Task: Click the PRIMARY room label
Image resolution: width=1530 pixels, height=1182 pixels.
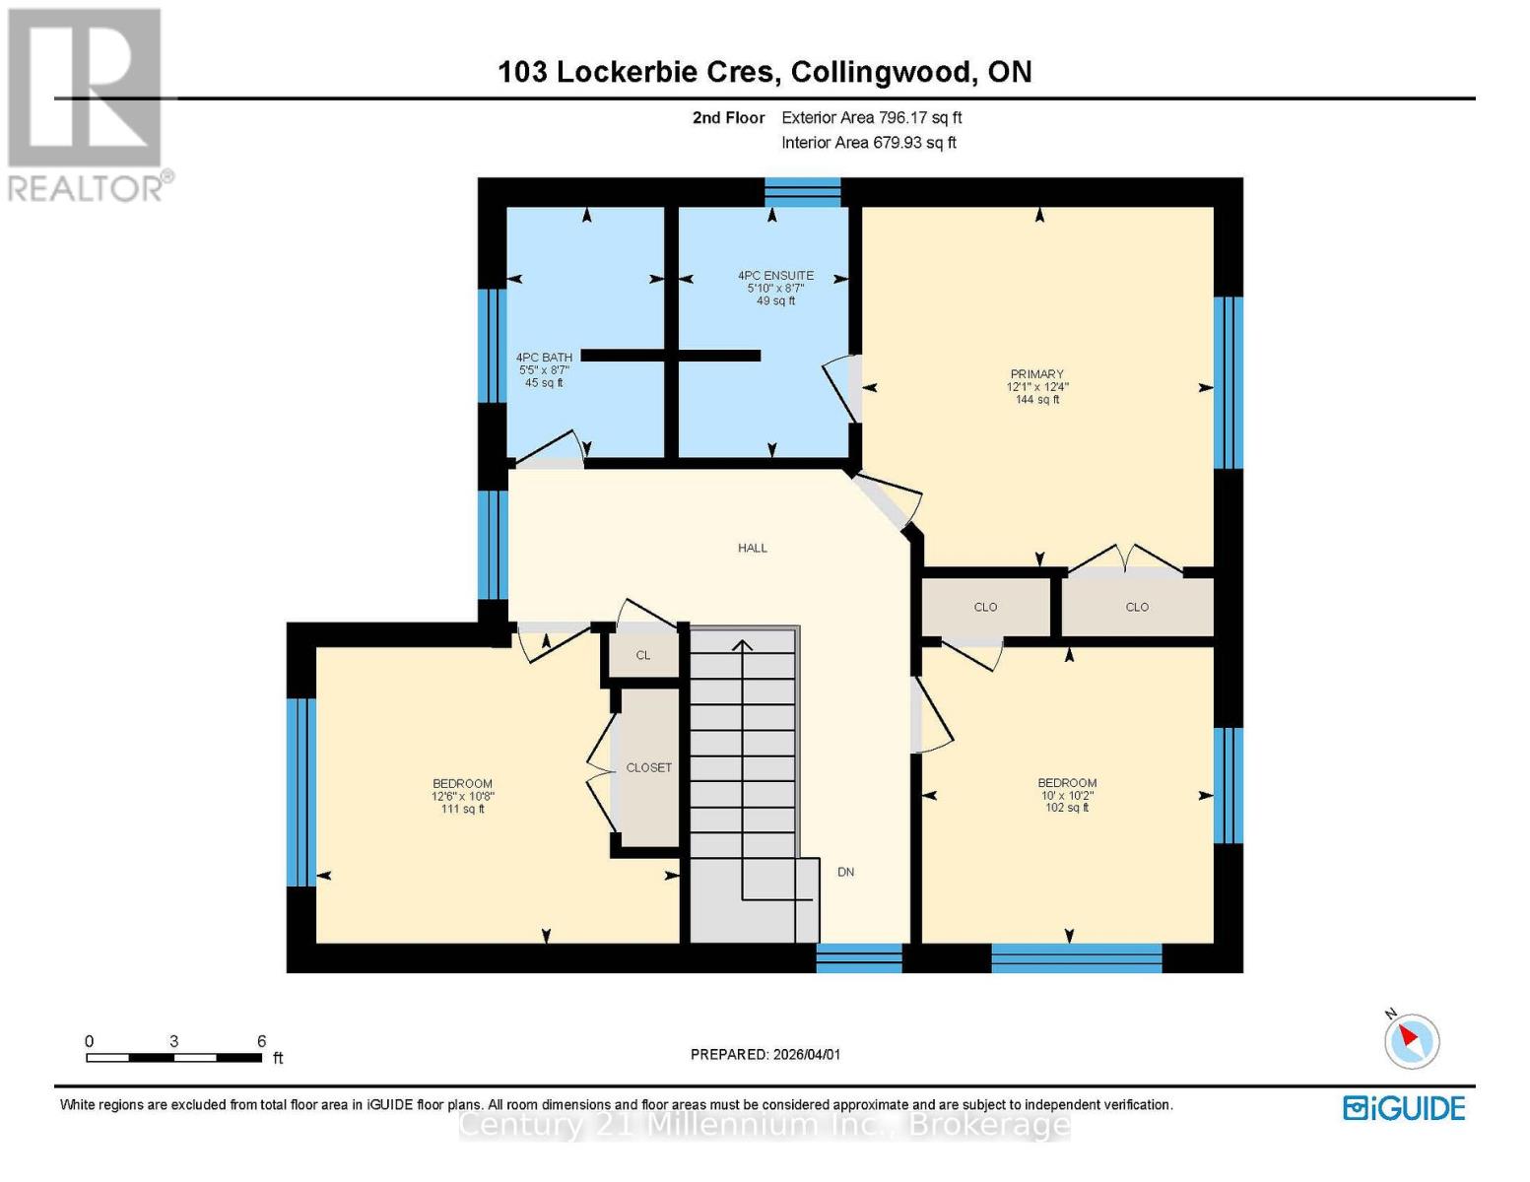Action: coord(1036,374)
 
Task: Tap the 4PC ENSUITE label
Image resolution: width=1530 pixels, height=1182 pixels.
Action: coord(775,276)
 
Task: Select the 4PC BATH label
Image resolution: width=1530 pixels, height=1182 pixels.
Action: coord(544,358)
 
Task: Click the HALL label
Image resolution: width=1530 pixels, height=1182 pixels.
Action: coord(753,548)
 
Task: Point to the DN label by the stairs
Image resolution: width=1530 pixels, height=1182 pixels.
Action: coord(845,872)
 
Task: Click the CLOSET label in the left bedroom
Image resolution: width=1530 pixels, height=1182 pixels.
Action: coord(649,767)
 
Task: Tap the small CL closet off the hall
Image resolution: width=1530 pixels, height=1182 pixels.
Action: coord(643,655)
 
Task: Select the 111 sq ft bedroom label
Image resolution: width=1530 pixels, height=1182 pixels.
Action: coord(462,796)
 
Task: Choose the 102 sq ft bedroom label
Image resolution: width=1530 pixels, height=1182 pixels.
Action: coord(1067,795)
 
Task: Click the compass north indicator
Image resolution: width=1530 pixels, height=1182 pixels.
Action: coord(1411,1039)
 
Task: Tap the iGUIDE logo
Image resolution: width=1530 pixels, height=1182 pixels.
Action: coord(1404,1108)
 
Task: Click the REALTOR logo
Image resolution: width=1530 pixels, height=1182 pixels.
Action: coord(87,104)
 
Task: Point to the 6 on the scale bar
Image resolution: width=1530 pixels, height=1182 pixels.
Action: coord(262,1041)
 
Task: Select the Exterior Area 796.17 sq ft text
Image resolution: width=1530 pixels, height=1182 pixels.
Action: coord(871,117)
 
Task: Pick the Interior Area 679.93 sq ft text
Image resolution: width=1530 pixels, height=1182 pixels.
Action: coord(868,143)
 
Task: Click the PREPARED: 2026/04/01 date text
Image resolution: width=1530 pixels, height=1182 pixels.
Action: coord(765,1054)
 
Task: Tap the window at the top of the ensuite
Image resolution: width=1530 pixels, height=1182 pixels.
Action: coord(803,191)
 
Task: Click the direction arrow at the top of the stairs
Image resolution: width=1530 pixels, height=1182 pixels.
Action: coord(742,646)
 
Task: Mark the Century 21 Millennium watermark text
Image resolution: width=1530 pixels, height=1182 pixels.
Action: coord(765,1124)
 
